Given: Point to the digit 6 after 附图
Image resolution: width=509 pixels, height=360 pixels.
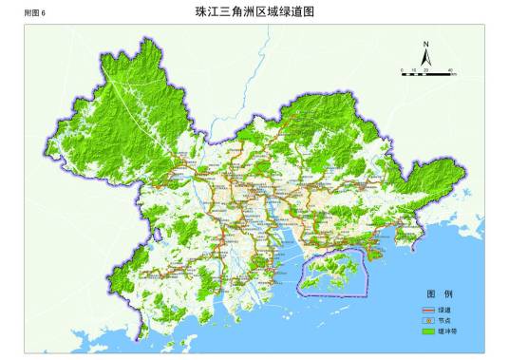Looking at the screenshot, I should [x=43, y=12].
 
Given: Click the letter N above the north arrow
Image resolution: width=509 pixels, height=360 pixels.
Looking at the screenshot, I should [x=427, y=45].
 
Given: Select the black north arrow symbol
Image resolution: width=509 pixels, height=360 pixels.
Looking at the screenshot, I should [x=427, y=59].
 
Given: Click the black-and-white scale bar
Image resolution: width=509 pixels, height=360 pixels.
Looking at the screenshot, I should [x=426, y=75].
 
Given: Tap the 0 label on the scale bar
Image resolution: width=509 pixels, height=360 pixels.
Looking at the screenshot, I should [x=402, y=70].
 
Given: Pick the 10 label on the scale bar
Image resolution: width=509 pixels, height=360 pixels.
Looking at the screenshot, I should [x=414, y=70].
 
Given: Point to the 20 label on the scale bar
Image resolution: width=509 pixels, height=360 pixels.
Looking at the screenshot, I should [x=426, y=70].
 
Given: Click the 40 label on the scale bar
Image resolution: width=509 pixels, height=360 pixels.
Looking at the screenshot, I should [x=450, y=70].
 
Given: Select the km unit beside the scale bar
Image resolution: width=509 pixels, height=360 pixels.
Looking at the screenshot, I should [x=457, y=75].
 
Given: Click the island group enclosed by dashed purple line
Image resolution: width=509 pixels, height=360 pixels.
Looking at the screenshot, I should [x=332, y=273].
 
